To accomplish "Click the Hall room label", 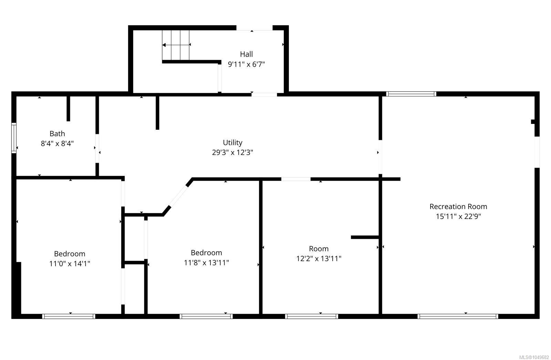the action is (x=246, y=54).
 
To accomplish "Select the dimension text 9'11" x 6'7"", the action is (x=246, y=64).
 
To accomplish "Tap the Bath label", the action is (x=57, y=134).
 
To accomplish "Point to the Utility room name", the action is (x=232, y=142).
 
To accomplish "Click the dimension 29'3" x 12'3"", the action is (x=232, y=152).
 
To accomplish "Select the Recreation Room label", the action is (x=458, y=206).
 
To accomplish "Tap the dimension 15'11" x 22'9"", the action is (x=458, y=216).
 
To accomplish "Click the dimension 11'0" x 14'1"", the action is (x=70, y=264).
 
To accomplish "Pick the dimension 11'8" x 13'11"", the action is (x=206, y=263).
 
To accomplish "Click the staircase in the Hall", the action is (x=176, y=45).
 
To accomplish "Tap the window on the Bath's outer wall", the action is (x=14, y=138).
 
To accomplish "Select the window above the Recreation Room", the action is (x=411, y=94).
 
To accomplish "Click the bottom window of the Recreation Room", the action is (x=458, y=317).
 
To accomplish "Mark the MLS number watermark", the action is (x=534, y=357).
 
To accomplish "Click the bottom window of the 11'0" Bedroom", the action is (x=69, y=317).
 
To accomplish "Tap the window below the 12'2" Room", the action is (x=312, y=317).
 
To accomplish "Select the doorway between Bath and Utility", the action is (x=97, y=148).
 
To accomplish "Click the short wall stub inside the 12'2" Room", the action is (x=365, y=237).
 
